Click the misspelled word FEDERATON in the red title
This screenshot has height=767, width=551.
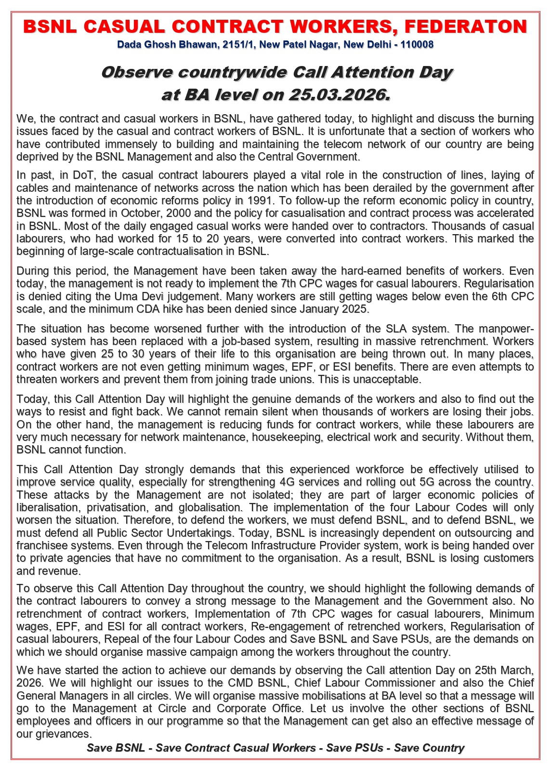pos(466,26)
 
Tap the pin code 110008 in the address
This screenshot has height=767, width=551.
pos(417,45)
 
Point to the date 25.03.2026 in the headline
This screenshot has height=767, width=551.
pos(339,94)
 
